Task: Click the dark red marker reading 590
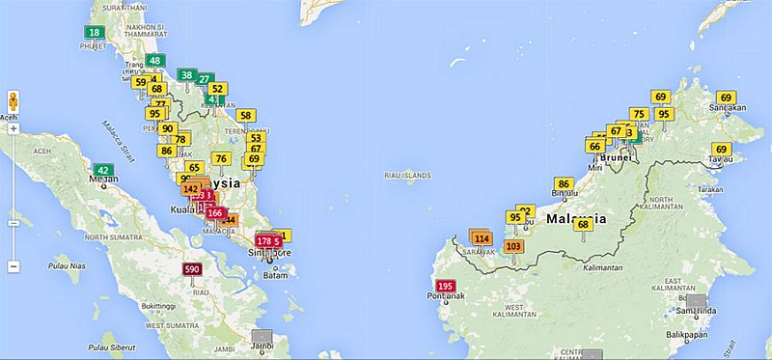tap(192, 269)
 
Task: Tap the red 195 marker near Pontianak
tap(445, 287)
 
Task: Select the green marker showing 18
tap(94, 32)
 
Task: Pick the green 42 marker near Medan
tap(103, 170)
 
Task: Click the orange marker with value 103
tap(513, 246)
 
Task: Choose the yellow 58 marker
tap(246, 115)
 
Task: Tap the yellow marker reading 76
tap(221, 159)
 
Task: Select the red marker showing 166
tap(215, 213)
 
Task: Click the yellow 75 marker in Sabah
tap(638, 114)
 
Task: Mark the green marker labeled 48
tap(154, 61)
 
